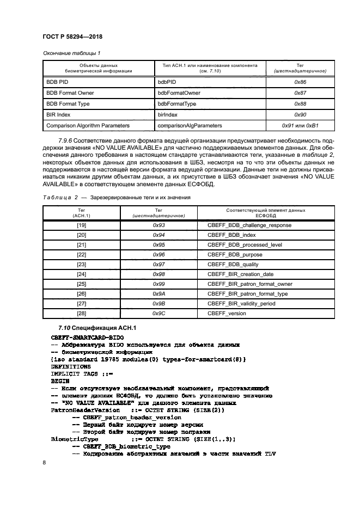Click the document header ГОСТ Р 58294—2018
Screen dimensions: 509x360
coord(72,36)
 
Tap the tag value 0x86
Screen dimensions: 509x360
coord(300,82)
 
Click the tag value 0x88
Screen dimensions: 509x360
coord(300,104)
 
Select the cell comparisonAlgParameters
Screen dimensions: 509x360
coord(190,126)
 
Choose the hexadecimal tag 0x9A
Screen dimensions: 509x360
coord(158,294)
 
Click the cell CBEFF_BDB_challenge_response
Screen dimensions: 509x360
coord(249,225)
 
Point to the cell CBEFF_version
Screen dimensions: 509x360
coord(227,314)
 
